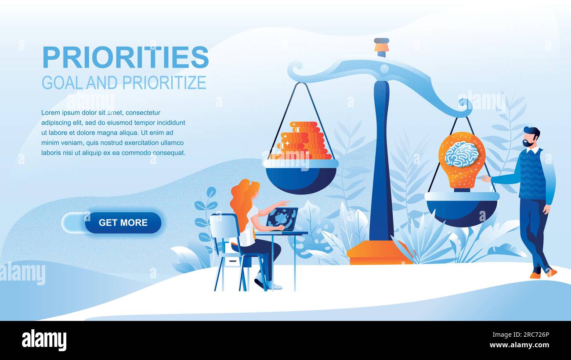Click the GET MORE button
pyautogui.click(x=123, y=223)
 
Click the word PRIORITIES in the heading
pyautogui.click(x=125, y=58)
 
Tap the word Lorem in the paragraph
pyautogui.click(x=51, y=113)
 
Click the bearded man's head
pyautogui.click(x=531, y=137)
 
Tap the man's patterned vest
pyautogui.click(x=532, y=173)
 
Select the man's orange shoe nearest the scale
pyautogui.click(x=535, y=275)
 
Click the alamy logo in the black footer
pyautogui.click(x=44, y=340)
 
